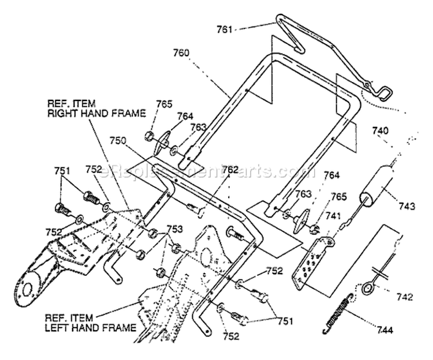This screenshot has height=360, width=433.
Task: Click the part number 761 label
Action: [224, 29]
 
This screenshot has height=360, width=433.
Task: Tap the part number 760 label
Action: [181, 52]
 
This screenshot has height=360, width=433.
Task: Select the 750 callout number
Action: [118, 141]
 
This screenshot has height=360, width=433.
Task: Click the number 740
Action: [380, 130]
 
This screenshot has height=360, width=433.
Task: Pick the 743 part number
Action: [406, 206]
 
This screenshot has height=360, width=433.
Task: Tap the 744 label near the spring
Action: [385, 329]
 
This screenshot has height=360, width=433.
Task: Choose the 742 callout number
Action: [405, 297]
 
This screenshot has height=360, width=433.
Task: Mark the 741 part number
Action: [333, 216]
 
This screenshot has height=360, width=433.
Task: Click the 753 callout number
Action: [174, 229]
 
